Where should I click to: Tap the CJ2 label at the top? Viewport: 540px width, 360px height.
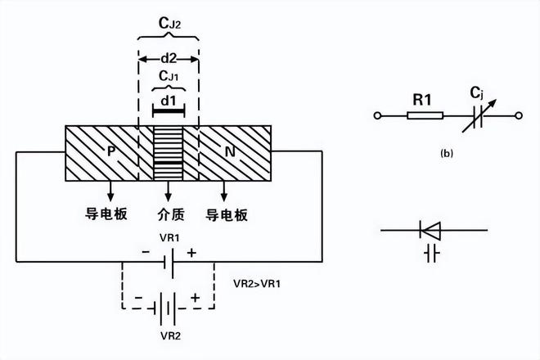pyautogui.click(x=168, y=24)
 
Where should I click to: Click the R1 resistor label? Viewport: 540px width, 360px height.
pyautogui.click(x=422, y=101)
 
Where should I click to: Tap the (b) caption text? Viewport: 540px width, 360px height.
pyautogui.click(x=445, y=152)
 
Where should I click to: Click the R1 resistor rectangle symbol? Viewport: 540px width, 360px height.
pyautogui.click(x=423, y=118)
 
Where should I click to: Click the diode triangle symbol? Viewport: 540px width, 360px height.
pyautogui.click(x=430, y=228)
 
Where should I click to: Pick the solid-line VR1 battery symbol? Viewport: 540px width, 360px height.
pyautogui.click(x=168, y=262)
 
